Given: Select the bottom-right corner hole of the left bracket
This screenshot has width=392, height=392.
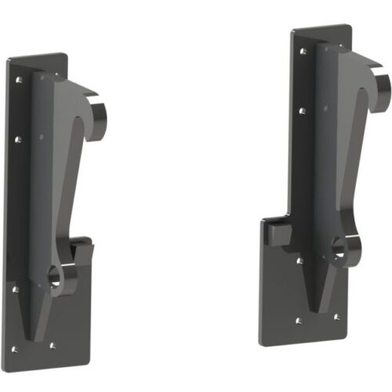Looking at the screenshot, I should tap(53, 344).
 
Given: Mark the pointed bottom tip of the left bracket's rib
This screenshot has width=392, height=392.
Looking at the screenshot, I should tap(31, 339).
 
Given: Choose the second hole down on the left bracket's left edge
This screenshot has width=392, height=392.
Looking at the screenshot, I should tap(18, 140).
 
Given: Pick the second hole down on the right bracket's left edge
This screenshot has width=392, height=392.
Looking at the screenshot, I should tap(303, 111).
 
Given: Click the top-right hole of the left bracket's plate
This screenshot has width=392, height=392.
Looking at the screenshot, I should tap(58, 77).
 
